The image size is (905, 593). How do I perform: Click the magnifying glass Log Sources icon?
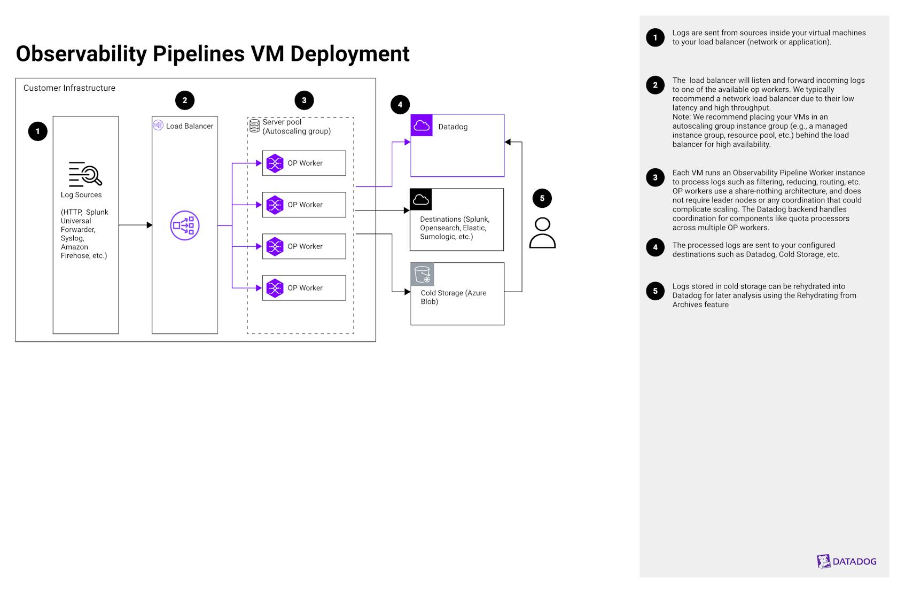pyautogui.click(x=85, y=174)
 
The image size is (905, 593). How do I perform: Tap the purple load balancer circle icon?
pyautogui.click(x=185, y=225)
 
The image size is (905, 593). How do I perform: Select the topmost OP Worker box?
pyautogui.click(x=303, y=163)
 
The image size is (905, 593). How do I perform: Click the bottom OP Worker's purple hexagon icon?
pyautogui.click(x=275, y=288)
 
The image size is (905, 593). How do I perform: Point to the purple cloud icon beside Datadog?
pyautogui.click(x=422, y=126)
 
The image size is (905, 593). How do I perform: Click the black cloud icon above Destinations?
pyautogui.click(x=421, y=199)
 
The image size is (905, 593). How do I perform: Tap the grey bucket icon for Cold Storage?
pyautogui.click(x=422, y=274)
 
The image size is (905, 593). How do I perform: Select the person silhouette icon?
pyautogui.click(x=542, y=233)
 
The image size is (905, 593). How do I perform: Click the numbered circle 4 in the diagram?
pyautogui.click(x=400, y=105)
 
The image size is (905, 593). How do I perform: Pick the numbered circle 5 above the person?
pyautogui.click(x=542, y=198)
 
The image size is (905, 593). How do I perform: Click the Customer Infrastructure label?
pyautogui.click(x=69, y=88)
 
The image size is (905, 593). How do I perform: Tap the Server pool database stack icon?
pyautogui.click(x=255, y=126)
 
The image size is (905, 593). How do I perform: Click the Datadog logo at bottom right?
pyautogui.click(x=847, y=561)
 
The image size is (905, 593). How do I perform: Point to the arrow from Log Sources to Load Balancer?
pyautogui.click(x=135, y=225)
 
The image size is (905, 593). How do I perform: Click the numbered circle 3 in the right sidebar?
pyautogui.click(x=655, y=177)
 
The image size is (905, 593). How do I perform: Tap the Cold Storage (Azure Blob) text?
pyautogui.click(x=453, y=297)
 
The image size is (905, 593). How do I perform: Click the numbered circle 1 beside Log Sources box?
pyautogui.click(x=37, y=131)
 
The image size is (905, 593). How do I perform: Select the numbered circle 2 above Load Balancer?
pyautogui.click(x=185, y=100)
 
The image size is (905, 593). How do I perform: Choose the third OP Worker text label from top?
pyautogui.click(x=305, y=246)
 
